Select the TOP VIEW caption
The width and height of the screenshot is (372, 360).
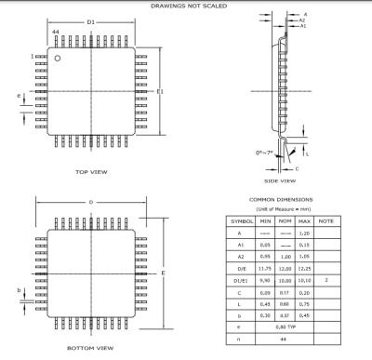[90, 172]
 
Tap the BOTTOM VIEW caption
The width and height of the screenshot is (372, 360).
[91, 349]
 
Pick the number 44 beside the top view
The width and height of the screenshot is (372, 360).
[56, 32]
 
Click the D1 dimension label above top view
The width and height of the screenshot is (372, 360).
[90, 20]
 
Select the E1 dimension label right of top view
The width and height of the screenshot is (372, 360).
[160, 92]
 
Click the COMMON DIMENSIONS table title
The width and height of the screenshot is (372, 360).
[281, 199]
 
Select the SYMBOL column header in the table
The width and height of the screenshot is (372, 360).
[242, 221]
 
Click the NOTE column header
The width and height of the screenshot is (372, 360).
[325, 221]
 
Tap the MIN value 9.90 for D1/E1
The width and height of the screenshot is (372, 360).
[265, 279]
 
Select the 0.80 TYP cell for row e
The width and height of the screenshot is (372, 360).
[285, 327]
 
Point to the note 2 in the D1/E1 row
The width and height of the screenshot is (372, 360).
[325, 279]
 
